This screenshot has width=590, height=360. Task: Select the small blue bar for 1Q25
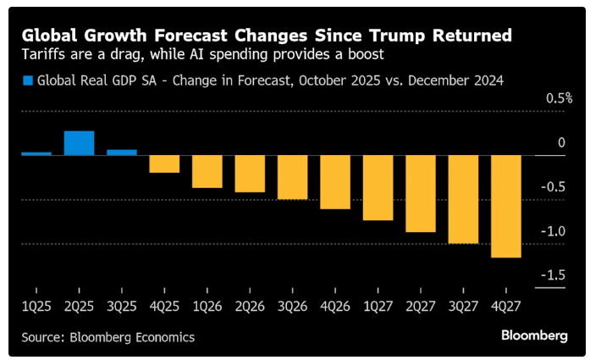tap(36, 153)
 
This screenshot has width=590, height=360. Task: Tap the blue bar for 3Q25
tap(122, 152)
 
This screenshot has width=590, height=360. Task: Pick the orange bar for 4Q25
tap(164, 164)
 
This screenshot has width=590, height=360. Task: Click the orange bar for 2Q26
tap(250, 174)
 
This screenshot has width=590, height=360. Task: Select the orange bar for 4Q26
tap(335, 182)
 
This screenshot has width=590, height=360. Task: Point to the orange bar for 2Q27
tap(421, 194)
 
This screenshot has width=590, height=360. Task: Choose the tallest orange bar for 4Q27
tap(506, 207)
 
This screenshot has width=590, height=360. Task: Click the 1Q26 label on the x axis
tap(207, 302)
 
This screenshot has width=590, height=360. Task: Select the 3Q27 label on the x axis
tap(464, 302)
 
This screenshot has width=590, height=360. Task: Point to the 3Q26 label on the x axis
tap(293, 302)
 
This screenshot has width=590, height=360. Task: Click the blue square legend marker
tap(28, 80)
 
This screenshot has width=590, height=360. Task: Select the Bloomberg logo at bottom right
tap(534, 336)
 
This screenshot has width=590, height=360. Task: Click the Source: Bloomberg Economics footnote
tap(108, 337)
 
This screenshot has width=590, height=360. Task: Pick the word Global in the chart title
tap(50, 36)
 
